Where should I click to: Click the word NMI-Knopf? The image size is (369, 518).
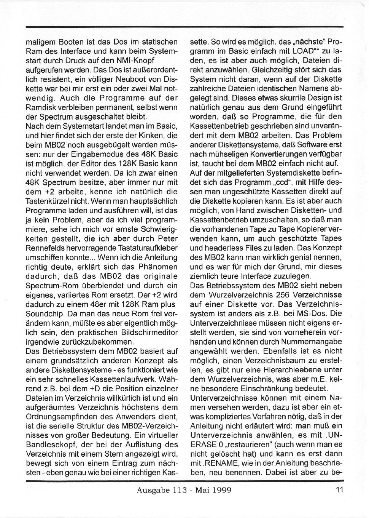click(135, 60)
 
